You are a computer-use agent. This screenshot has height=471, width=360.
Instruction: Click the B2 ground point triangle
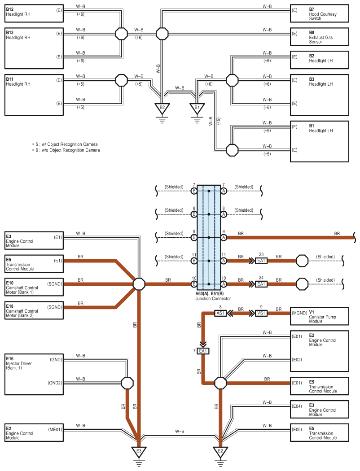(x=162, y=108)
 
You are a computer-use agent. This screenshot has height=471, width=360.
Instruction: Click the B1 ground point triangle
(x=197, y=108)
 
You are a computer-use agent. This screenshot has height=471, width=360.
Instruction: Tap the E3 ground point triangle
(x=139, y=451)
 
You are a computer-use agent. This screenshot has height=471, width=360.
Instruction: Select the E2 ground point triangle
(x=220, y=451)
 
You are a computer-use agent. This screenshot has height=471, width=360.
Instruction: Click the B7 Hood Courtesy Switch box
(x=320, y=13)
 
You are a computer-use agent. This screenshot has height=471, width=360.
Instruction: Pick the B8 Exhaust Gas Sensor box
(x=320, y=37)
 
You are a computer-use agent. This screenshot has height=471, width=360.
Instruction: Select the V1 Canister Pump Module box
(x=320, y=316)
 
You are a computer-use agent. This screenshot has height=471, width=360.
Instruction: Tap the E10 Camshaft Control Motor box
(x=34, y=287)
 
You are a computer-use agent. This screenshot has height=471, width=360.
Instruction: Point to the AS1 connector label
(x=220, y=313)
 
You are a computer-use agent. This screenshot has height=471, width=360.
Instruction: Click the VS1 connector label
(x=261, y=313)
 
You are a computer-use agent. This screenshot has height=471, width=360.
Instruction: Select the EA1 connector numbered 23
(x=261, y=261)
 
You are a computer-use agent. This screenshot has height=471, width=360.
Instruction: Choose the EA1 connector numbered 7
(x=203, y=351)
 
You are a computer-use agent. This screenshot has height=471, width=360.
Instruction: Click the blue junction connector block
(x=209, y=238)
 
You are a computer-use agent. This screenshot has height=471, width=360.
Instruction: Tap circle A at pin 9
(x=224, y=238)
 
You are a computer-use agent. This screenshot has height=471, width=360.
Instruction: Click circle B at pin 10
(x=194, y=284)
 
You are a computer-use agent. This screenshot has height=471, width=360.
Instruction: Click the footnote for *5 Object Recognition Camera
(x=65, y=144)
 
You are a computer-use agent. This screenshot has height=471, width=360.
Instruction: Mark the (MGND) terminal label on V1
(x=299, y=313)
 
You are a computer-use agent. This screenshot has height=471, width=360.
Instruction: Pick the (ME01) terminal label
(x=55, y=430)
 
